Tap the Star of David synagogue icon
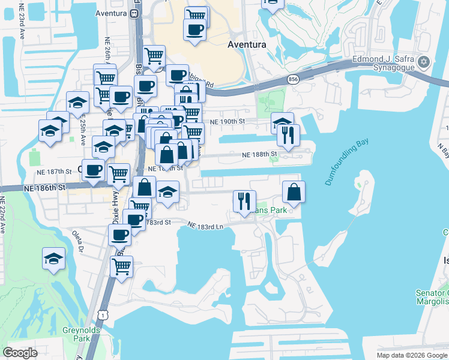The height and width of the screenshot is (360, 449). tap(424, 62)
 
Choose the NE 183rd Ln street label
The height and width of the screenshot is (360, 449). tap(205, 226)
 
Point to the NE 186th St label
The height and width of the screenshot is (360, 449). tap(44, 188)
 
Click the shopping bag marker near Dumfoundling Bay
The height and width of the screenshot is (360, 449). tap(294, 193)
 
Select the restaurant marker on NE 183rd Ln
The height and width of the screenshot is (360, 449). tap(244, 202)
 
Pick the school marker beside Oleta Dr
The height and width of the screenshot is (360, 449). tap(53, 259)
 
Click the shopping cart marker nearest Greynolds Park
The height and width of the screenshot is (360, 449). tap(121, 266)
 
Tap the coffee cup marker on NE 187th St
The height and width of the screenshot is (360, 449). tap(93, 170)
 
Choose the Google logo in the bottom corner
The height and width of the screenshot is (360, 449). tap(20, 353)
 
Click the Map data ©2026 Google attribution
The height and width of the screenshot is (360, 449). tap(412, 355)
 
